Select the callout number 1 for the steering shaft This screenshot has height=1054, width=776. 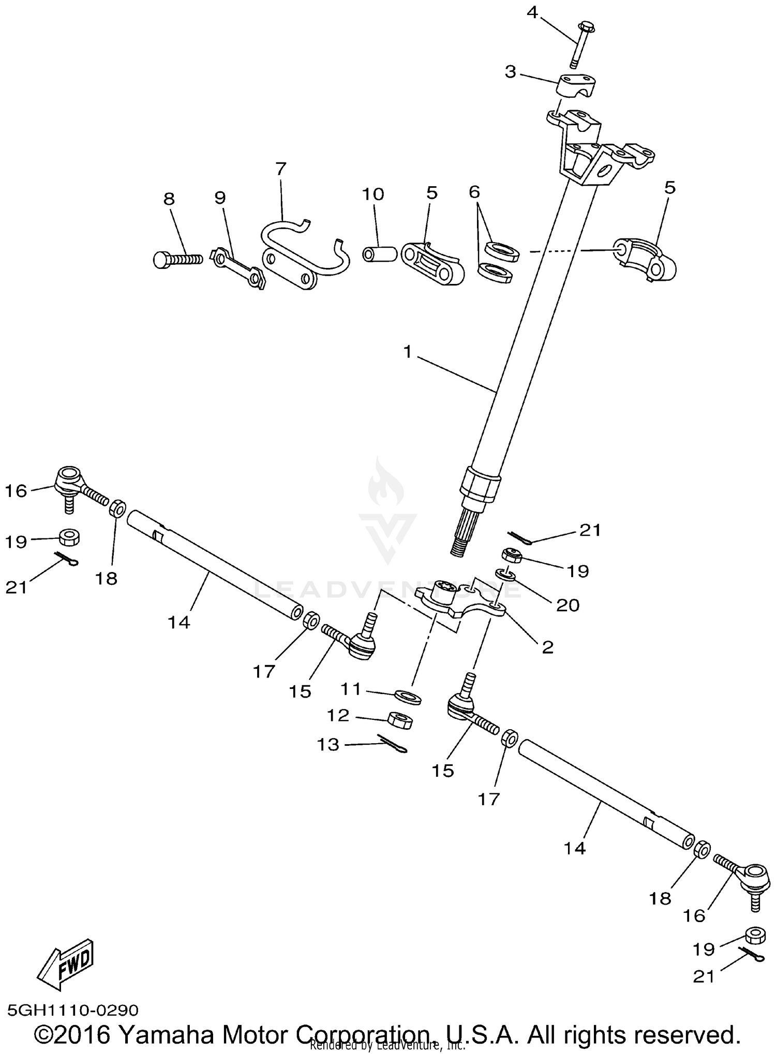click(x=408, y=352)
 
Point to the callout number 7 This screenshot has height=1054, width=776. click(x=280, y=169)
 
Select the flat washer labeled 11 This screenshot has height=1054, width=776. click(x=408, y=696)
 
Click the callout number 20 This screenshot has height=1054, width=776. click(x=567, y=605)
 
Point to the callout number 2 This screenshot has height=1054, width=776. click(x=547, y=647)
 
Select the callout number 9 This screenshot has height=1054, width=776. click(x=220, y=198)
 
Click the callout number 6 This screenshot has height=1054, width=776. click(x=474, y=192)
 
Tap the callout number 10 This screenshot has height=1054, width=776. click(x=372, y=194)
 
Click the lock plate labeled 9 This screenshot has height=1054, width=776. click(x=238, y=268)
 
